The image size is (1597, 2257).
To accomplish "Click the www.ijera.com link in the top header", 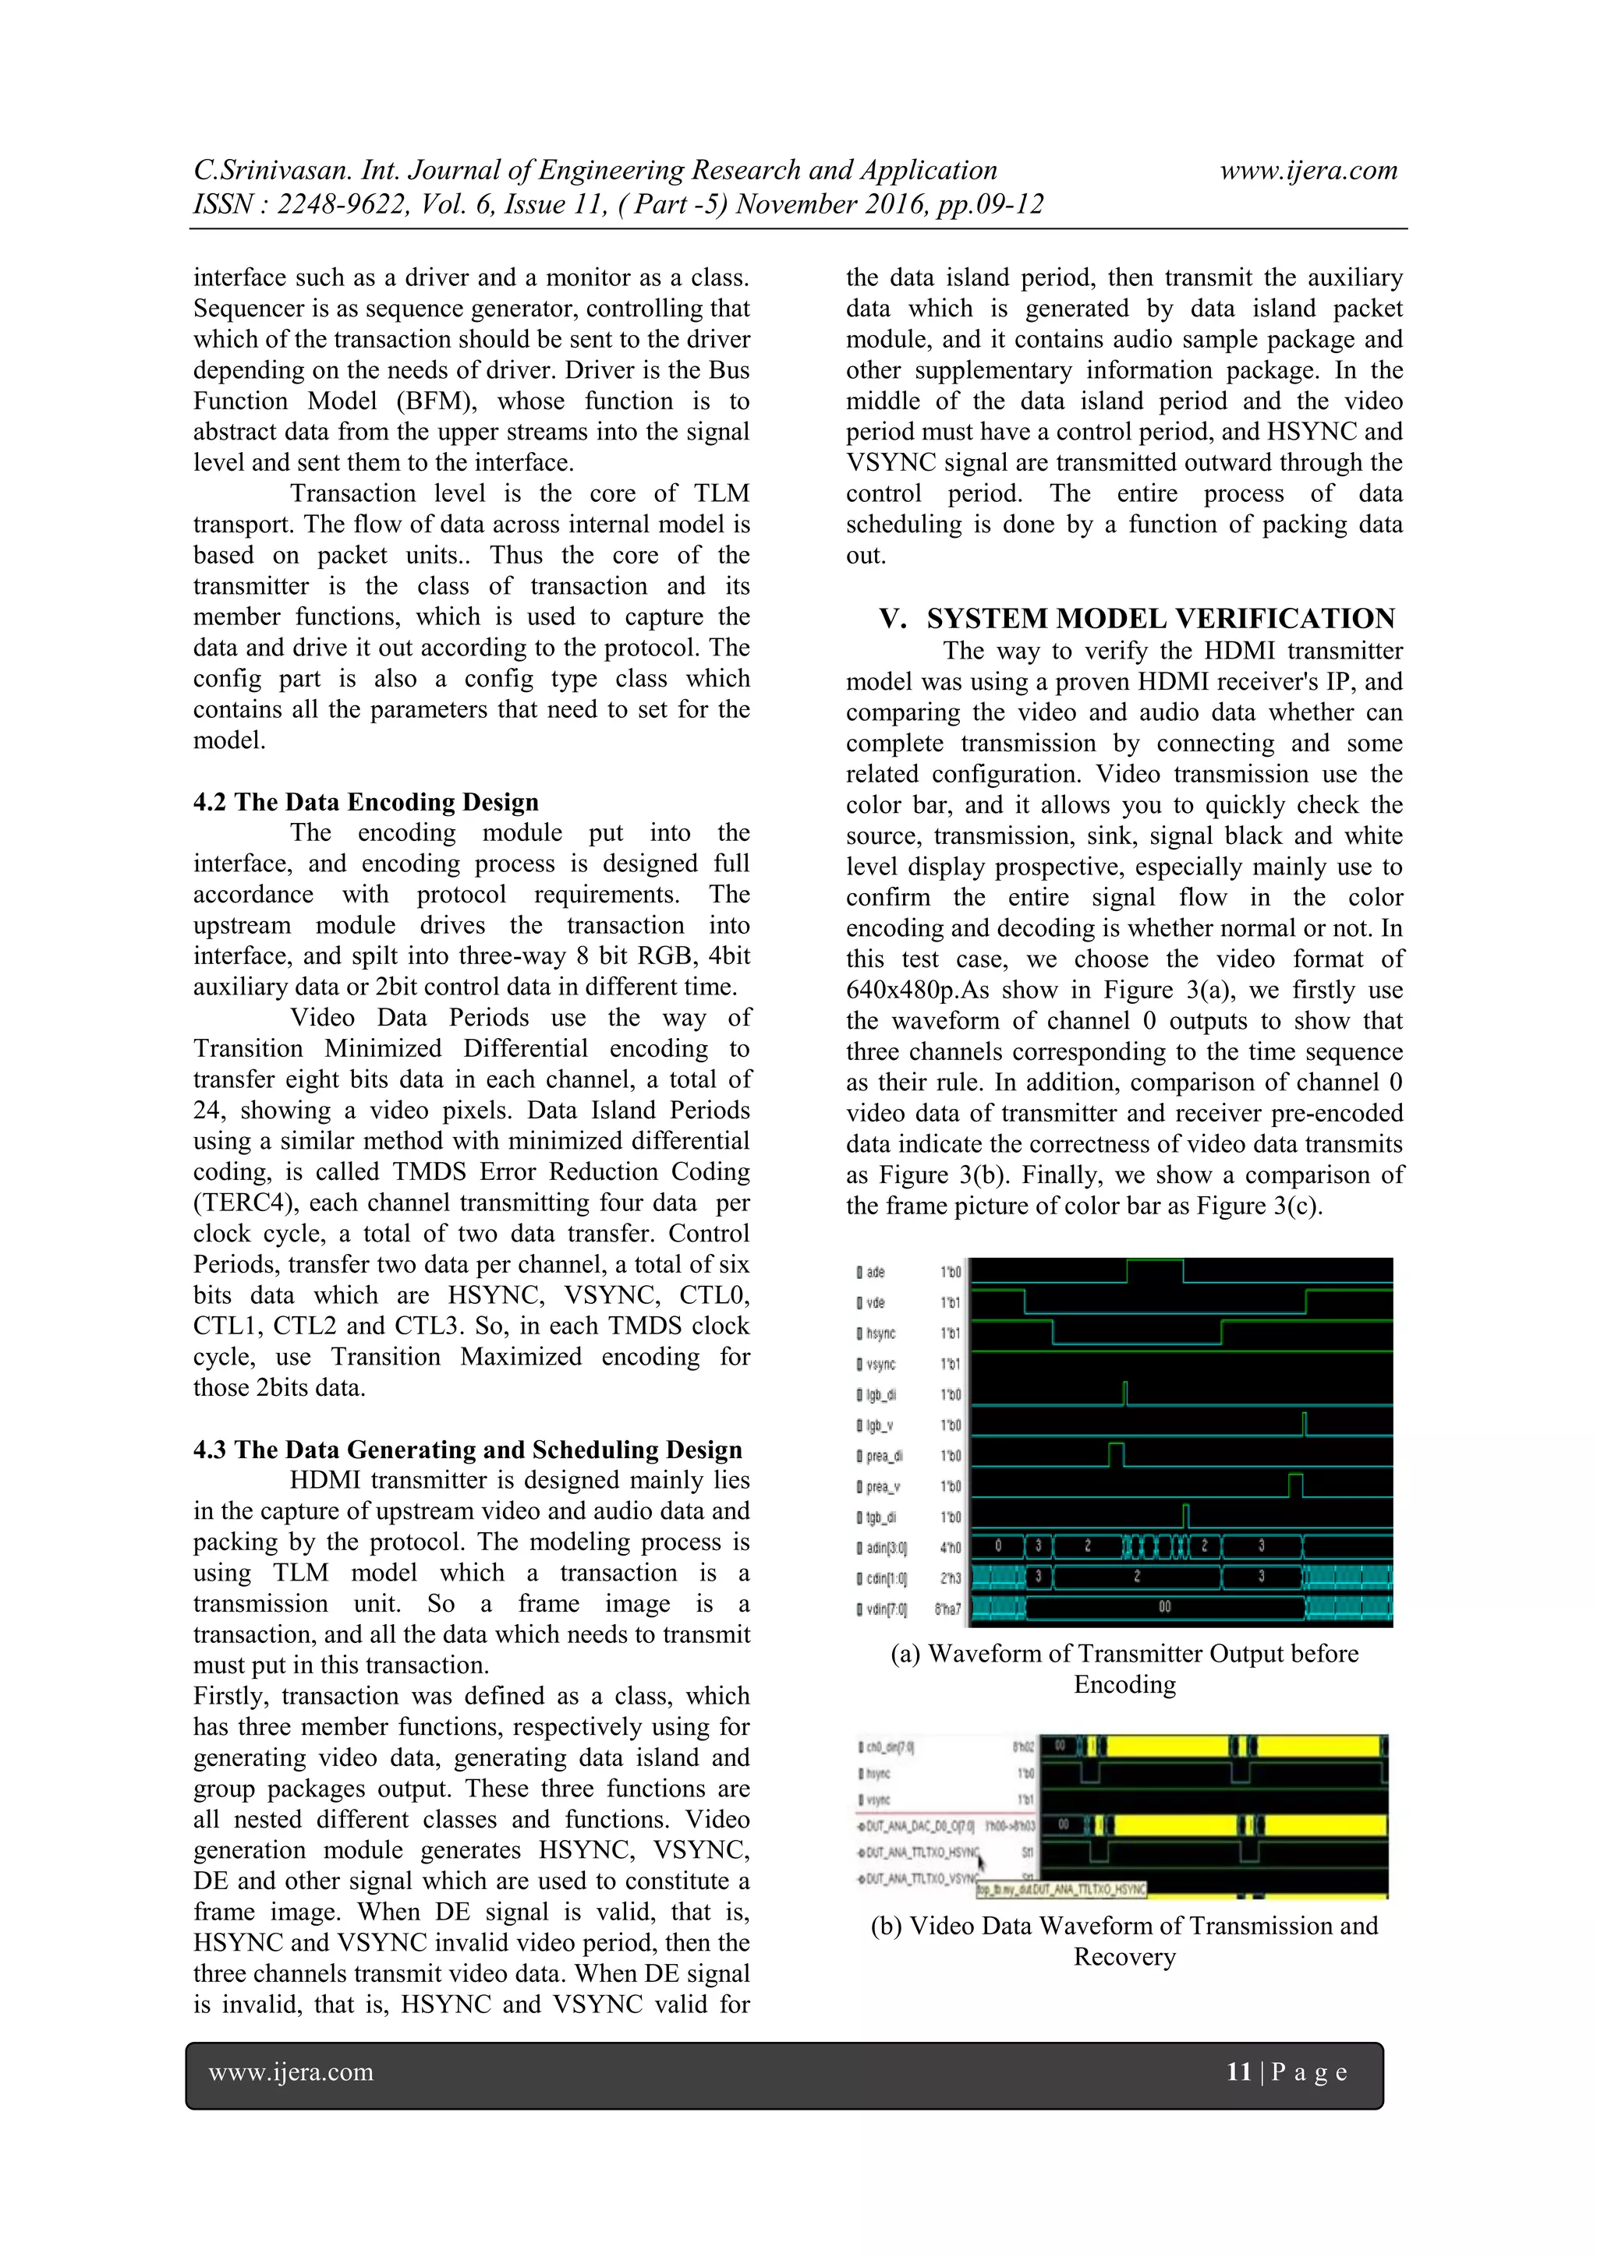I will coord(1308,170).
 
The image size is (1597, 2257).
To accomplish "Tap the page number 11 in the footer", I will coord(1238,2072).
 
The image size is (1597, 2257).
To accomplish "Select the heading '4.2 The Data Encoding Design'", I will coord(366,802).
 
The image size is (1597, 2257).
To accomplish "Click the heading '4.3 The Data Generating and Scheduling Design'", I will coord(467,1449).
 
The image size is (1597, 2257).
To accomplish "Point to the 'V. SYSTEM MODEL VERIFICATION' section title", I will coord(1137,618).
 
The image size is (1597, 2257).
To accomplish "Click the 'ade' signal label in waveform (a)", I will coord(874,1272).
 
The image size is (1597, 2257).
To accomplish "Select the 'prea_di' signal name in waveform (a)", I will coord(883,1456).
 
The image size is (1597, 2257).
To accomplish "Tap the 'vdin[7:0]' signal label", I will coord(885,1609).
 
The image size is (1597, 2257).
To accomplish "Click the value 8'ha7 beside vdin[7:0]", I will coord(948,1609).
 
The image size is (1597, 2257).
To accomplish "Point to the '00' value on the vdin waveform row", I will coord(1164,1607).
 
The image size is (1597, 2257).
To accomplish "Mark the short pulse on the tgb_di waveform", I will coord(1186,1516).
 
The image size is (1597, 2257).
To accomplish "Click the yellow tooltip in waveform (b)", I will coord(1061,1888).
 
